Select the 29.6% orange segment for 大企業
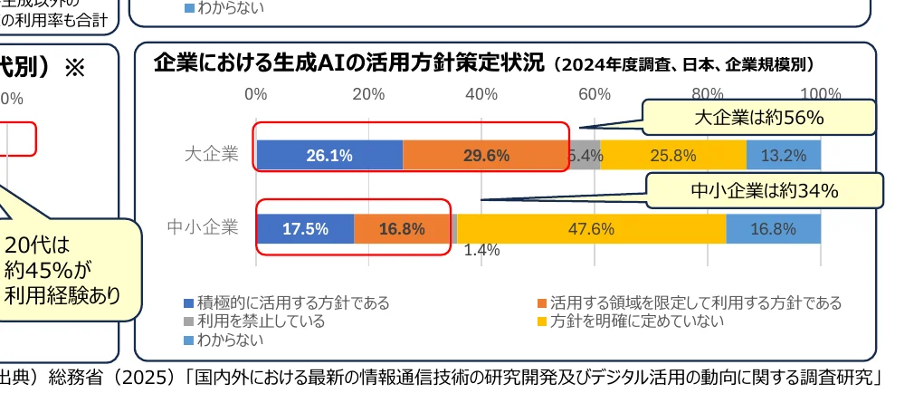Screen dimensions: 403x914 486,155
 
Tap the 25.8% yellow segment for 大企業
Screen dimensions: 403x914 672,155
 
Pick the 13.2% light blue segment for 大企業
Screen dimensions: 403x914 783,155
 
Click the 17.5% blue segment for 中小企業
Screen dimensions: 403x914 305,228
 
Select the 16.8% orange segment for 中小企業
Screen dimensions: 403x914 402,228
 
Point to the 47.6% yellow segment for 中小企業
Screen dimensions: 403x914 591,228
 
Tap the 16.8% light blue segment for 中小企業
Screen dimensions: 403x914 773,228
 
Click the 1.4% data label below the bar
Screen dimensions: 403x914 481,251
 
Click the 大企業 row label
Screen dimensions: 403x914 211,155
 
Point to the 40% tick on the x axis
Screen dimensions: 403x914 481,93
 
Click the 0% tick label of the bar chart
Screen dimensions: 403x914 256,93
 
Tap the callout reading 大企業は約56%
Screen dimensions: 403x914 758,118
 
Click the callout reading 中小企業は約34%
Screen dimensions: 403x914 765,190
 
